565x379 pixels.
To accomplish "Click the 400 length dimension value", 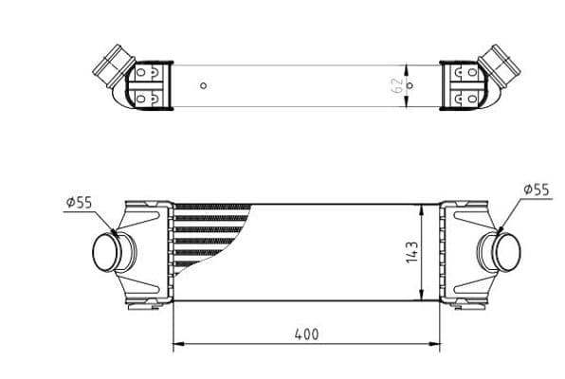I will click(x=306, y=334).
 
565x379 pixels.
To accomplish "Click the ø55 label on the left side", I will click(x=79, y=202).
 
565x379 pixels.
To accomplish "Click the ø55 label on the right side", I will click(x=536, y=189).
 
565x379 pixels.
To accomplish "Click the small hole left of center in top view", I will click(x=203, y=86).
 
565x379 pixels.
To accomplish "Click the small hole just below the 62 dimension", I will click(x=410, y=85).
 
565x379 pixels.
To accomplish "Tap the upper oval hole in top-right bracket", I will click(x=468, y=72).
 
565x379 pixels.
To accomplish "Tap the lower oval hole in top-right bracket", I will click(x=468, y=97).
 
